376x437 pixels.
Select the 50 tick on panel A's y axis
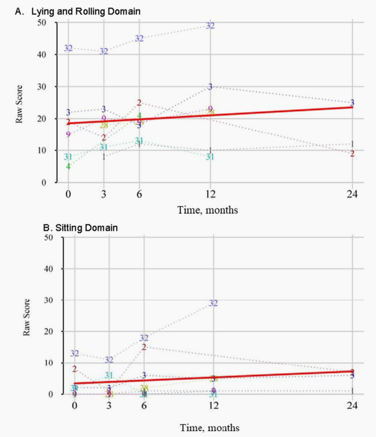[55, 23]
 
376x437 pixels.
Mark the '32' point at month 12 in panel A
[210, 25]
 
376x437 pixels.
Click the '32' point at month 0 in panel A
[68, 48]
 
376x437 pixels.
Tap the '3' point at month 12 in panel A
[210, 87]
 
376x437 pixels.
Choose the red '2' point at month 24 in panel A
[352, 154]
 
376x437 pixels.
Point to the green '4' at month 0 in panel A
[68, 166]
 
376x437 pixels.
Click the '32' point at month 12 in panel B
[213, 303]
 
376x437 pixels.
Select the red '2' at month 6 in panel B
[144, 347]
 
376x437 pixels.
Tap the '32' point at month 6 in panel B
[144, 337]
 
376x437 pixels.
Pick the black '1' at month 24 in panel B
[352, 391]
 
